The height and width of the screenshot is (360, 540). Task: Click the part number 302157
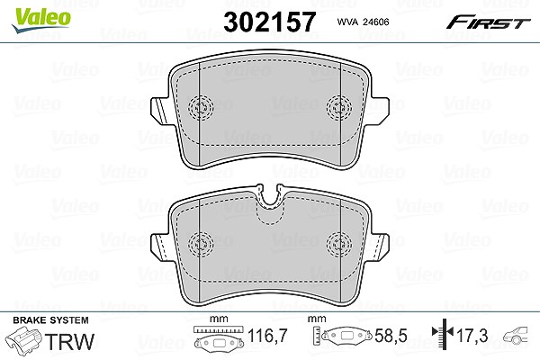pos(270,22)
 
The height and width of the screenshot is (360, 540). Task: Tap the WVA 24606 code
pos(363,22)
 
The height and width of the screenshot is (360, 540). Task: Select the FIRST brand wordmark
pos(488,22)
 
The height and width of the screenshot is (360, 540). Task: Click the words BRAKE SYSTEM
pos(50,320)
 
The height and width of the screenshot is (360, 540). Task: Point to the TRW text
pos(69,341)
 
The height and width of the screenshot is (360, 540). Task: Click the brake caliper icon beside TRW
pos(24,339)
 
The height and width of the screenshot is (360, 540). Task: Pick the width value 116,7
pos(267,336)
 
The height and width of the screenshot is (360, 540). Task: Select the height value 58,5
pos(391,336)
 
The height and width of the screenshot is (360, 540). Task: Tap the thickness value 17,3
pos(472,335)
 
